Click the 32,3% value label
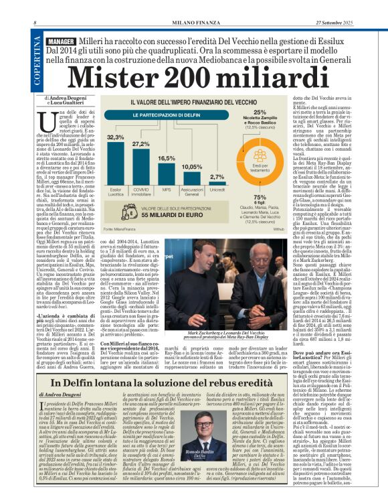(116, 136)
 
